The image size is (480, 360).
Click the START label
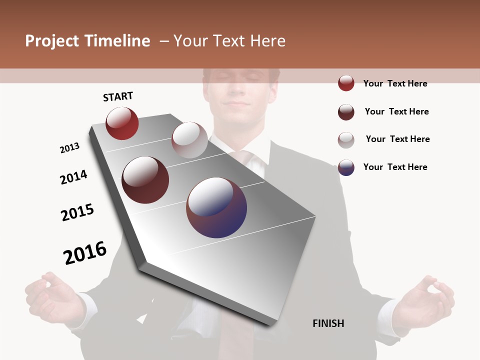[118, 96]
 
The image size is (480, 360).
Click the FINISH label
[328, 323]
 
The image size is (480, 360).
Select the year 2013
[69, 148]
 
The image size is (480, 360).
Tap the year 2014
[73, 177]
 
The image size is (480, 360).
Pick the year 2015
[77, 212]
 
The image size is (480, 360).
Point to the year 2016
[85, 252]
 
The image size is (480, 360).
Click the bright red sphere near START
[122, 123]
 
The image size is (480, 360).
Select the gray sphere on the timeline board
[189, 139]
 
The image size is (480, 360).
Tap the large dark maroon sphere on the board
[145, 180]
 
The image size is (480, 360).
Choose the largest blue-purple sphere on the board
[216, 207]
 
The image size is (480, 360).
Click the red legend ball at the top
[346, 83]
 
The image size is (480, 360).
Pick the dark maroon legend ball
[346, 112]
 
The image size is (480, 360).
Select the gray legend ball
[346, 140]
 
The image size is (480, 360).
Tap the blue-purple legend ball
[346, 167]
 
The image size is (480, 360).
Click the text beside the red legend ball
[395, 83]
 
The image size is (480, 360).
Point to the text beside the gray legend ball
[397, 139]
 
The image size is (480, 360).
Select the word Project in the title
[52, 41]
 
